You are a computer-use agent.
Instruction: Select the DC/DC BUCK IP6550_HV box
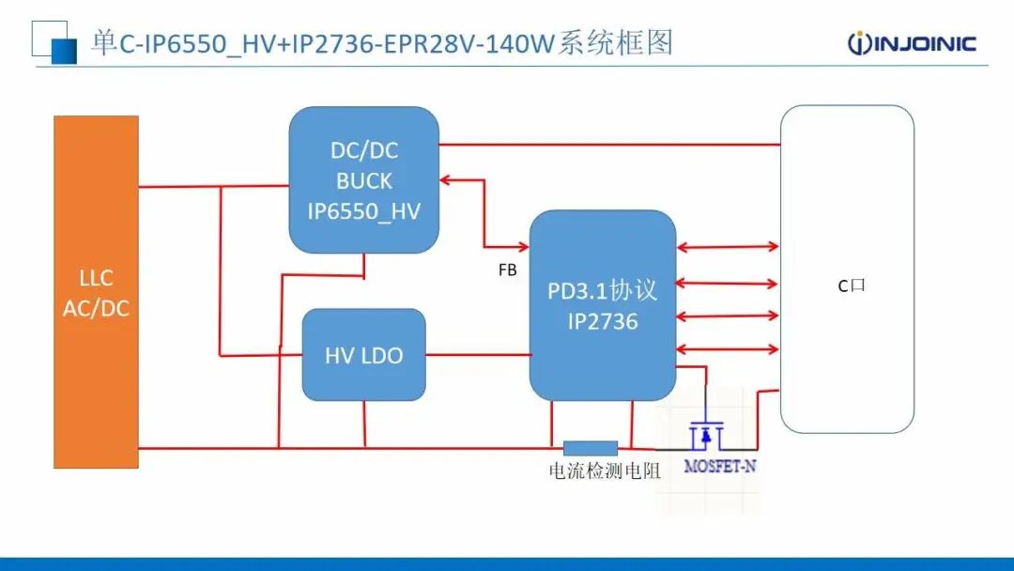tap(364, 179)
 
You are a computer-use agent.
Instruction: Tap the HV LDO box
tap(363, 355)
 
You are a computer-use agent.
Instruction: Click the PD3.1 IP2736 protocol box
tap(602, 305)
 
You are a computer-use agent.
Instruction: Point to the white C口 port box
tap(847, 269)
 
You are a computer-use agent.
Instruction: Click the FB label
tap(507, 270)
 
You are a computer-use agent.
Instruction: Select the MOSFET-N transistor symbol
tap(705, 435)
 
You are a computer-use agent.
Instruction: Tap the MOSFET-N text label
tap(719, 466)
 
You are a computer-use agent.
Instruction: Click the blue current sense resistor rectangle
tap(590, 448)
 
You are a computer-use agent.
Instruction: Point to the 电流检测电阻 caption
tap(604, 471)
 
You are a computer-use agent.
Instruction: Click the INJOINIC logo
tap(911, 43)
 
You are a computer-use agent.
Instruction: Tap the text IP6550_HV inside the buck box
tap(364, 211)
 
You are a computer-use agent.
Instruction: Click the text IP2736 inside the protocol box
tap(602, 322)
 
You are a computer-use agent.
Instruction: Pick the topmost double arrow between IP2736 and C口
tap(728, 248)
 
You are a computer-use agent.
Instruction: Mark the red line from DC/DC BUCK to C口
tap(610, 145)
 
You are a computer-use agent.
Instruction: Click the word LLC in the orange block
tap(96, 279)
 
